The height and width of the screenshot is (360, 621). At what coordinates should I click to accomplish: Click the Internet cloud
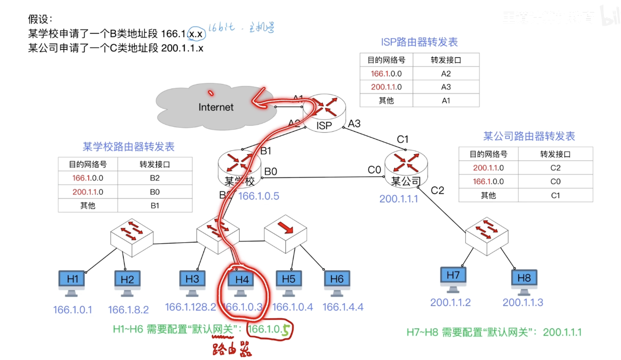pos(216,106)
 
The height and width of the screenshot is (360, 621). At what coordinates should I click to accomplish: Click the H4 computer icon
pos(241,282)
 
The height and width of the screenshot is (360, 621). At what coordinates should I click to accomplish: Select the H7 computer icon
pos(453,279)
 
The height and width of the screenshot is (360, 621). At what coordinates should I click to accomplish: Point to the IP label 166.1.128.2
pos(190,307)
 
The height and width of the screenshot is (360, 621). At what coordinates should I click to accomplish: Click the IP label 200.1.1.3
pos(523,302)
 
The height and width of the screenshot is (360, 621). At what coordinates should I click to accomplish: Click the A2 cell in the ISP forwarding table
pos(446,73)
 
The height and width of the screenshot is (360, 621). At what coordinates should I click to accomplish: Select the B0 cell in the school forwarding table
pos(155,192)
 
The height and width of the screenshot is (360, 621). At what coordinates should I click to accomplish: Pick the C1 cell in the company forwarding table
pos(555,195)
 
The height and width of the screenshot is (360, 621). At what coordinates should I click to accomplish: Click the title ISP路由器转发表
pos(420,42)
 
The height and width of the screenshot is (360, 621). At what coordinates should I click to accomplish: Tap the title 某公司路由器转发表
pos(529,136)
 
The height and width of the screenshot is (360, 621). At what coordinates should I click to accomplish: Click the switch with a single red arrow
pos(285,234)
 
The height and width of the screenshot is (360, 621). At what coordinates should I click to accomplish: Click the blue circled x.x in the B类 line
pos(197,35)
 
